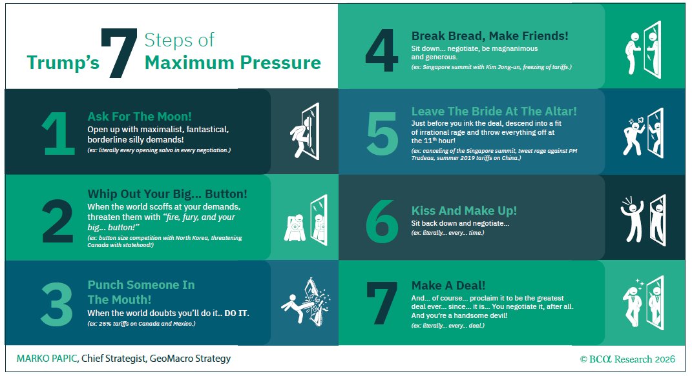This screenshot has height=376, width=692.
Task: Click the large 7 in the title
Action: click(119, 53)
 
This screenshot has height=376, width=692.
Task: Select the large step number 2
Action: click(58, 221)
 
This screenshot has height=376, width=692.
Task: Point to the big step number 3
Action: click(57, 304)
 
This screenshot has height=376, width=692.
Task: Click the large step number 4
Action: click(382, 50)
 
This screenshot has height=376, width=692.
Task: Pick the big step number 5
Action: click(383, 134)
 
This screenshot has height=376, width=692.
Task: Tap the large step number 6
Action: click(383, 221)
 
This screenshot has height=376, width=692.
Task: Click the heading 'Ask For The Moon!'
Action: click(140, 116)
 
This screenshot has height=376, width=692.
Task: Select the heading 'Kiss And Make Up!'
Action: click(464, 210)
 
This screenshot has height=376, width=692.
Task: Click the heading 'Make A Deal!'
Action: click(448, 285)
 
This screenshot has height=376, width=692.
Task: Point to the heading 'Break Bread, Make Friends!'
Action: click(490, 35)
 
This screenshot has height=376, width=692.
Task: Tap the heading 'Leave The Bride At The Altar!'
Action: click(494, 111)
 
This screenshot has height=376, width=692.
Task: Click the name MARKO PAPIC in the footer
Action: click(47, 359)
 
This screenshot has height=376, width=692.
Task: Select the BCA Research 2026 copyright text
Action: click(627, 359)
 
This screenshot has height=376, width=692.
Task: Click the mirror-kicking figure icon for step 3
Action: click(306, 302)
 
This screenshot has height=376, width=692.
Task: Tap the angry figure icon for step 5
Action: click(644, 134)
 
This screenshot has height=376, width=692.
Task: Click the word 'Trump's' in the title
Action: click(63, 63)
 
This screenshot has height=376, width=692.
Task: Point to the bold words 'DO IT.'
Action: click(237, 313)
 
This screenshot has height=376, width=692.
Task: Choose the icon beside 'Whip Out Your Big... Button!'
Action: click(306, 220)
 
